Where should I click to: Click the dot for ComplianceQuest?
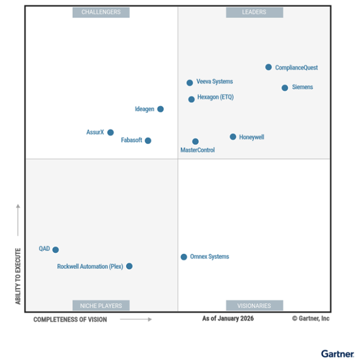tap(268, 67)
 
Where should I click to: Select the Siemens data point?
tap(284, 88)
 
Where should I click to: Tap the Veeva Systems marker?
tap(190, 83)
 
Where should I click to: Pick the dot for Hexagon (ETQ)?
tap(191, 99)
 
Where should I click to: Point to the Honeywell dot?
tap(233, 137)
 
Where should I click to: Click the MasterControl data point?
tap(196, 141)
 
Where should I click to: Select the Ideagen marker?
tap(160, 109)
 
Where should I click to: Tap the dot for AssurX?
tap(110, 133)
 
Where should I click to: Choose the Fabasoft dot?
tap(148, 141)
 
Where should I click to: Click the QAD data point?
tap(56, 250)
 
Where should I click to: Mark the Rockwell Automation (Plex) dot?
tap(129, 266)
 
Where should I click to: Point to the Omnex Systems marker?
tap(184, 257)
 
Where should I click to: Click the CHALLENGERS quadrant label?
tap(101, 12)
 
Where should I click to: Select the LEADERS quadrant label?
tap(254, 12)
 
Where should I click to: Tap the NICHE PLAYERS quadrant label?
tap(101, 306)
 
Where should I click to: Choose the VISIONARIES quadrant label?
tap(254, 306)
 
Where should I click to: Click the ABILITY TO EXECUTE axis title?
tap(18, 276)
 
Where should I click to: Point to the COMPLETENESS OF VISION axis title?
tap(70, 320)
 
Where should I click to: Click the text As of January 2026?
tap(228, 319)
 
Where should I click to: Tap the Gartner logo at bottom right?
tap(337, 354)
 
